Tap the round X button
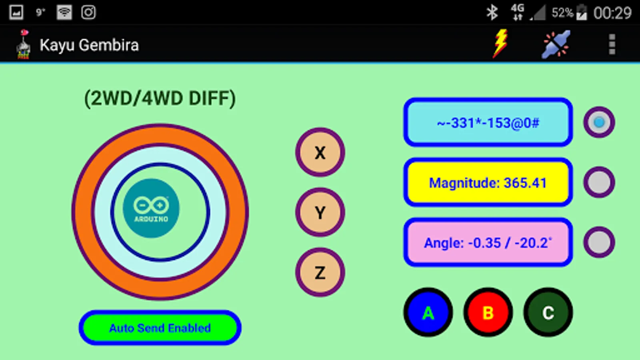(x=320, y=152)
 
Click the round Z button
(x=320, y=272)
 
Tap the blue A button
(x=428, y=312)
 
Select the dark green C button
(x=548, y=312)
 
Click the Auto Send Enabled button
(x=160, y=328)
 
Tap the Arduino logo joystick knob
(x=151, y=208)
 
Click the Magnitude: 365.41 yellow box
(x=488, y=183)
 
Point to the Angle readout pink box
(x=488, y=243)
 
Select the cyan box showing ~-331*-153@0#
(x=488, y=122)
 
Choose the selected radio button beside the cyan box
(x=599, y=122)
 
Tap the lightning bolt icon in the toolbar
(x=500, y=44)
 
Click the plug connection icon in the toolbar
(x=556, y=44)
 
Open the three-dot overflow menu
(x=612, y=44)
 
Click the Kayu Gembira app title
(x=89, y=45)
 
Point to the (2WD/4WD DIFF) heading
(x=160, y=98)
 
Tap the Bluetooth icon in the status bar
(x=492, y=12)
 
